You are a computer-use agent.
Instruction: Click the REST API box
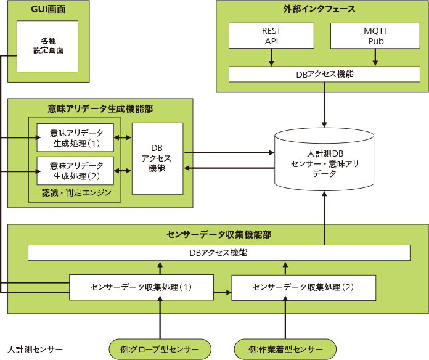[x=271, y=36]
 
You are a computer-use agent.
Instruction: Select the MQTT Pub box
[x=375, y=36]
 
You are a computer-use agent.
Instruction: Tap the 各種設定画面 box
[x=47, y=46]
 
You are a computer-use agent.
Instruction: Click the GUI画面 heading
[x=48, y=9]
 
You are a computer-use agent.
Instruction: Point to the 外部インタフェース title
[x=319, y=9]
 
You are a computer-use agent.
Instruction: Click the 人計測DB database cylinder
[x=324, y=159]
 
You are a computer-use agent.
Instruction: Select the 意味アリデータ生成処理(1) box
[x=75, y=137]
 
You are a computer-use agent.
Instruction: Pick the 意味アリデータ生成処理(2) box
[x=75, y=171]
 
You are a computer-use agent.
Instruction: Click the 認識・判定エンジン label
[x=76, y=193]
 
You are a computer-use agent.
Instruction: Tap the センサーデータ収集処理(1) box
[x=141, y=287]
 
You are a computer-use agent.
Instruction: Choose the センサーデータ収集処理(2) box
[x=304, y=287]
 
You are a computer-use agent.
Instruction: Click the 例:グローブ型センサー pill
[x=160, y=350]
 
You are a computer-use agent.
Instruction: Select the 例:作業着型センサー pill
[x=285, y=350]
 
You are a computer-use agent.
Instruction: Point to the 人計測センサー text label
[x=35, y=350]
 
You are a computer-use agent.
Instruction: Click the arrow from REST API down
[x=271, y=57]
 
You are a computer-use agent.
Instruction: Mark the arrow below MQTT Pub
[x=375, y=57]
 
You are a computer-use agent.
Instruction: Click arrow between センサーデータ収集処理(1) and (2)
[x=223, y=292]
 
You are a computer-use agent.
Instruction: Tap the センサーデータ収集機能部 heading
[x=219, y=234]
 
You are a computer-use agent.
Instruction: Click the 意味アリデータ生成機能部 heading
[x=100, y=109]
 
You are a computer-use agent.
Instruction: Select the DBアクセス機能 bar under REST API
[x=324, y=74]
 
